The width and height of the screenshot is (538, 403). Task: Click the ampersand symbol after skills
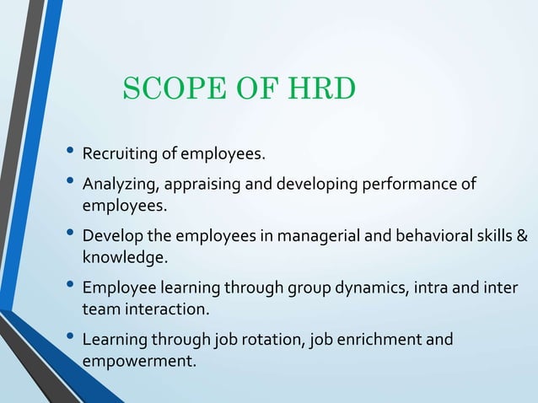(x=522, y=237)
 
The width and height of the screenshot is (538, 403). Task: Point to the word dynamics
(x=365, y=289)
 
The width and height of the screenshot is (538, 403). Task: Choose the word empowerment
(x=137, y=361)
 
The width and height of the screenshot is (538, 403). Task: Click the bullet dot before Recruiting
(x=68, y=153)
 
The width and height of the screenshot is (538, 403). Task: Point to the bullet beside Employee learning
(x=68, y=288)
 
